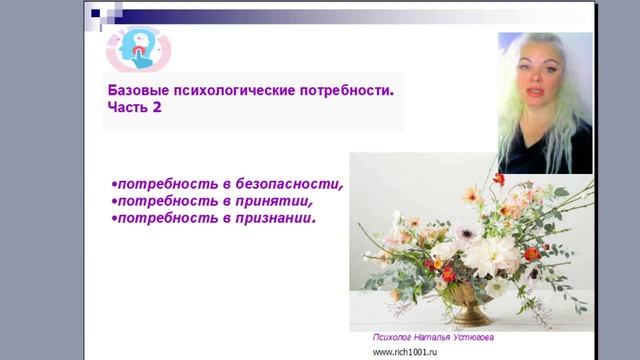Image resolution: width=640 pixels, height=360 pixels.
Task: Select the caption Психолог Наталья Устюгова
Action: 432,338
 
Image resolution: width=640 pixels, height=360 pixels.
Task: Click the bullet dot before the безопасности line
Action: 114,185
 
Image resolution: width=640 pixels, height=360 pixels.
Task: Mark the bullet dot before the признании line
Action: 114,217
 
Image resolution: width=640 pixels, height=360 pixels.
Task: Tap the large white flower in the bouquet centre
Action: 479,255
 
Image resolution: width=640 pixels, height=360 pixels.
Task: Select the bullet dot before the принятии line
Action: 114,201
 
